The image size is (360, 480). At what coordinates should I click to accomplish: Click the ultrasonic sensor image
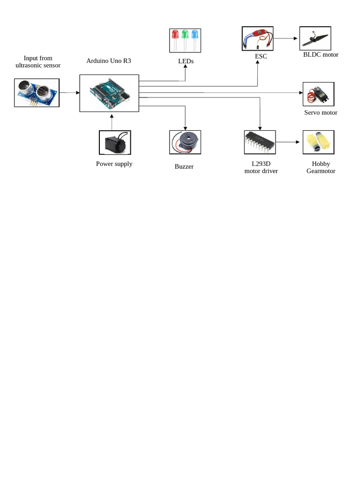tap(37, 93)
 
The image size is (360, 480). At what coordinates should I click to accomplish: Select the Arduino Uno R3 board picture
tap(109, 93)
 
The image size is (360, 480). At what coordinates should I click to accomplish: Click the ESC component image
tap(257, 38)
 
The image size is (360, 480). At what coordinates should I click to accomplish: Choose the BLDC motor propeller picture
tap(315, 38)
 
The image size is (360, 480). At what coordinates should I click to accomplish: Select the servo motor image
tap(318, 94)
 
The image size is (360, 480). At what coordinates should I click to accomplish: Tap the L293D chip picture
tap(260, 142)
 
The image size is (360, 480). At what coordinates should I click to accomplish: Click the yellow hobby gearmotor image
tap(318, 142)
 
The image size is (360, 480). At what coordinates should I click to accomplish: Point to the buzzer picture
tap(185, 142)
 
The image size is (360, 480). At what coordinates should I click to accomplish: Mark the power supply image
tap(115, 142)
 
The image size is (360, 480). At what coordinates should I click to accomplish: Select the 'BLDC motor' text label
tap(321, 55)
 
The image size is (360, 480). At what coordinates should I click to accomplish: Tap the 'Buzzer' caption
tap(184, 166)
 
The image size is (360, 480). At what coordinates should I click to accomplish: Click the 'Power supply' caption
tap(114, 164)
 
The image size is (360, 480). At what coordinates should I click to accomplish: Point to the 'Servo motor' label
tap(321, 112)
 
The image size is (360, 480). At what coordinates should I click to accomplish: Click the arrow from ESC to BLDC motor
tap(286, 38)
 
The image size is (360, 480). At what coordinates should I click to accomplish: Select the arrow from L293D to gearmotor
tap(287, 142)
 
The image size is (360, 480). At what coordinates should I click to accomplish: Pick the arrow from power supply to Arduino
tap(112, 121)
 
